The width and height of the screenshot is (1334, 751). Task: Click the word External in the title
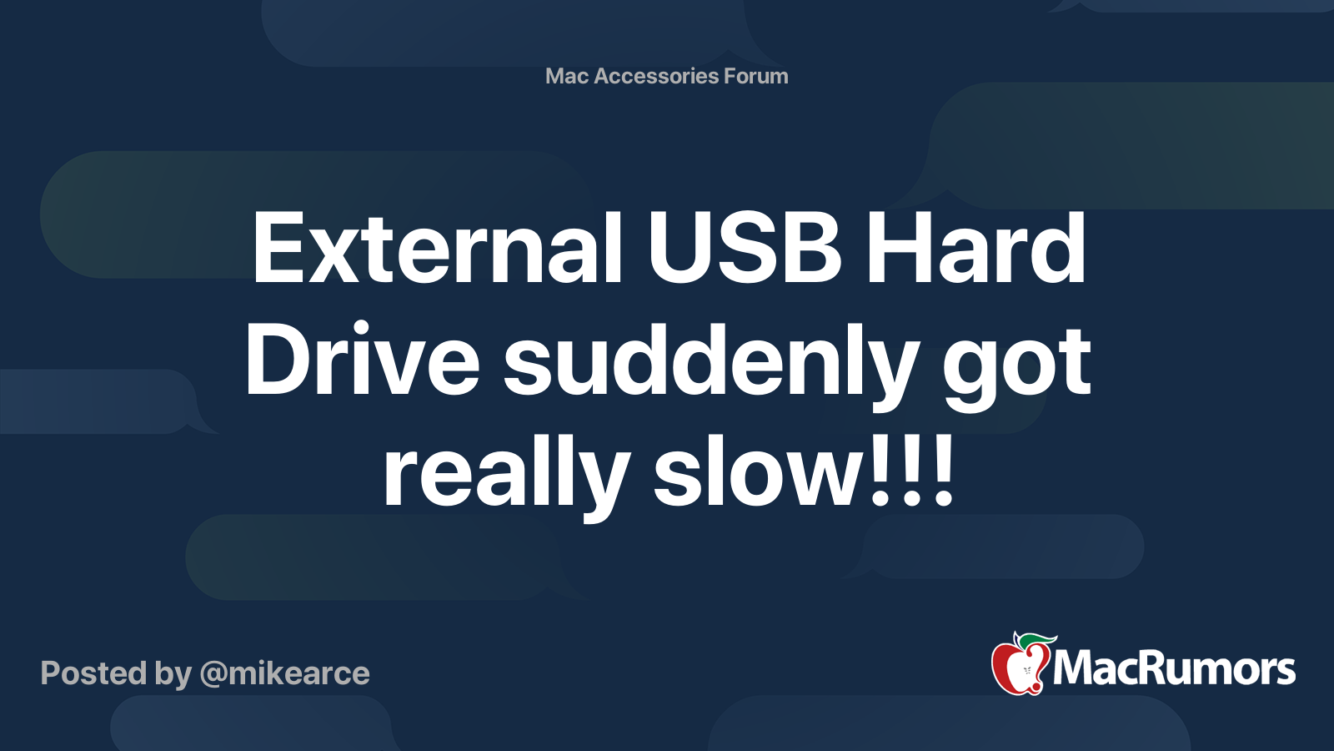[x=437, y=248]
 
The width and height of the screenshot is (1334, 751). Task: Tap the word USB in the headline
[x=745, y=248]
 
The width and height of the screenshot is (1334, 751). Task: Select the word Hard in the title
[x=975, y=248]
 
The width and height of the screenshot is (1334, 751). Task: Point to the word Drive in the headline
[x=361, y=361]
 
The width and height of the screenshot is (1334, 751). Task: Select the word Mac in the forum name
[x=567, y=76]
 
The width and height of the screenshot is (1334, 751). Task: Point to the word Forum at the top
[x=755, y=76]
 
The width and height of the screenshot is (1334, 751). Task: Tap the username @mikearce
[x=284, y=673]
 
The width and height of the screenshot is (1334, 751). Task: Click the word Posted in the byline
[x=93, y=673]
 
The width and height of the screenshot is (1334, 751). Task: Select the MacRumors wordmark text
[x=1174, y=669]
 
